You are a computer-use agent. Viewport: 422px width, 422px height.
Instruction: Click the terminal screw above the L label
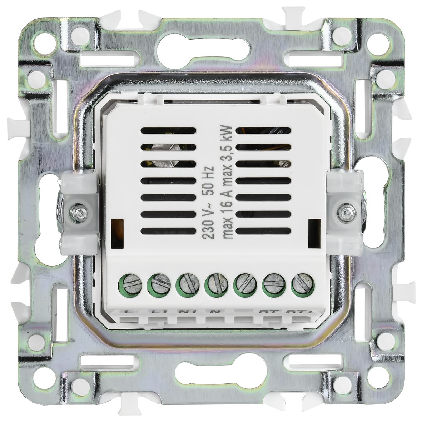[130, 285]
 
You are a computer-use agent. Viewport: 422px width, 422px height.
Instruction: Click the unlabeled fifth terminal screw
[245, 285]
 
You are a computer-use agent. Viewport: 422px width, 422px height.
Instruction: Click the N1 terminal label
[185, 311]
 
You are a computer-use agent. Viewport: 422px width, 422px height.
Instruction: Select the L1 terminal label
[158, 311]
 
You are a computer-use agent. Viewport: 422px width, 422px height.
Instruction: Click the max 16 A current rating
[228, 214]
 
